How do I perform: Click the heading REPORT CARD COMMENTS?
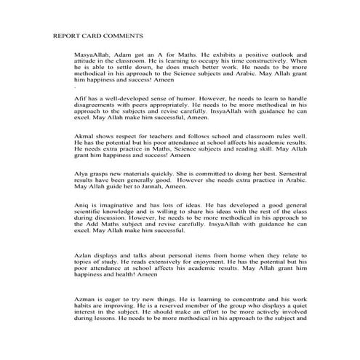click(x=97, y=35)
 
